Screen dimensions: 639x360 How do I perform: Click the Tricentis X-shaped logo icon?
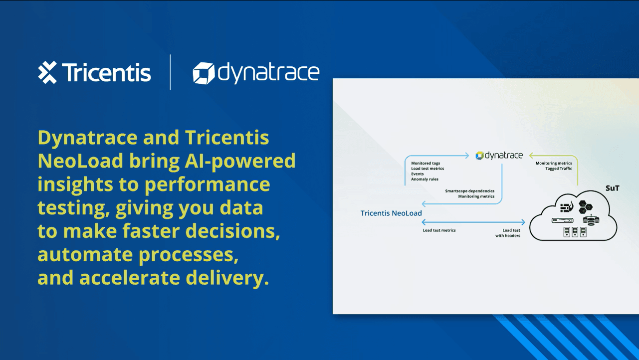pyautogui.click(x=47, y=72)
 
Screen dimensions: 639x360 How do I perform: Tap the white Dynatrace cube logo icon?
pyautogui.click(x=204, y=73)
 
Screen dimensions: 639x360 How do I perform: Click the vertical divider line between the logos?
pyautogui.click(x=170, y=72)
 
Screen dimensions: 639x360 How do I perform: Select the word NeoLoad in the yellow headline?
pyautogui.click(x=80, y=161)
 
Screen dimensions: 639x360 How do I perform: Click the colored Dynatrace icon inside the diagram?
pyautogui.click(x=479, y=156)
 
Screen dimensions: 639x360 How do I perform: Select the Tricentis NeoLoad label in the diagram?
pyautogui.click(x=391, y=213)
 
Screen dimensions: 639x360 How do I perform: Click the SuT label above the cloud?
pyautogui.click(x=613, y=188)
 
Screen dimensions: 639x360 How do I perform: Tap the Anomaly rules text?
pyautogui.click(x=425, y=180)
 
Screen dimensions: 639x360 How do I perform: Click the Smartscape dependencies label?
pyautogui.click(x=469, y=191)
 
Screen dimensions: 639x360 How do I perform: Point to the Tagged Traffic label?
pyautogui.click(x=559, y=169)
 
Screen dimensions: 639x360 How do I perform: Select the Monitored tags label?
pyautogui.click(x=426, y=164)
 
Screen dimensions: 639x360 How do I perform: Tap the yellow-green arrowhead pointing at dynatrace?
pyautogui.click(x=531, y=156)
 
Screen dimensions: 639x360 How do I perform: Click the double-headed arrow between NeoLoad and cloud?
pyautogui.click(x=473, y=222)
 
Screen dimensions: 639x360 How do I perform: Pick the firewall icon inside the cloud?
pyautogui.click(x=567, y=207)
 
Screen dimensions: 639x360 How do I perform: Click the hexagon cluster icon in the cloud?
pyautogui.click(x=585, y=207)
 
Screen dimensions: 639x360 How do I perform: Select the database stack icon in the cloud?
pyautogui.click(x=591, y=220)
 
